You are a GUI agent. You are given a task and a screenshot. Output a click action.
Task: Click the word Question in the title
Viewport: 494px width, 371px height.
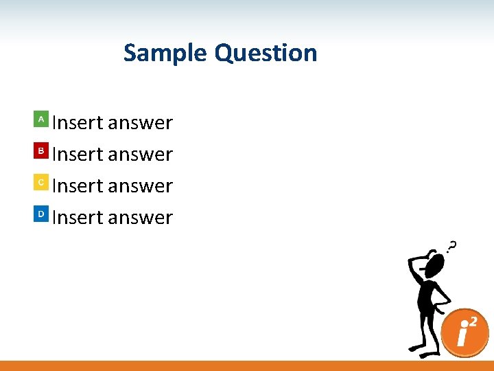tap(266, 53)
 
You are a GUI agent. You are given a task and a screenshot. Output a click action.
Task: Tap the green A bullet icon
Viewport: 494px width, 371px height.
tap(41, 119)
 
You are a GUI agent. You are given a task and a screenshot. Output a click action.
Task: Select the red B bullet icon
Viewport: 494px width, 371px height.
tap(41, 150)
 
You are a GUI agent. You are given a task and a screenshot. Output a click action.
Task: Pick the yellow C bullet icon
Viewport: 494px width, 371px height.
tap(41, 182)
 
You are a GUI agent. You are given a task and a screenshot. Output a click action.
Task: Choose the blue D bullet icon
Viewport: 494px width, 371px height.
tap(41, 214)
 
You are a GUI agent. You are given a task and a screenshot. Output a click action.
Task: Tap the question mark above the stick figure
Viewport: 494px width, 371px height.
tap(451, 246)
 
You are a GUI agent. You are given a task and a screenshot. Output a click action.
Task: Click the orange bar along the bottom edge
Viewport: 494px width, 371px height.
tap(247, 366)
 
